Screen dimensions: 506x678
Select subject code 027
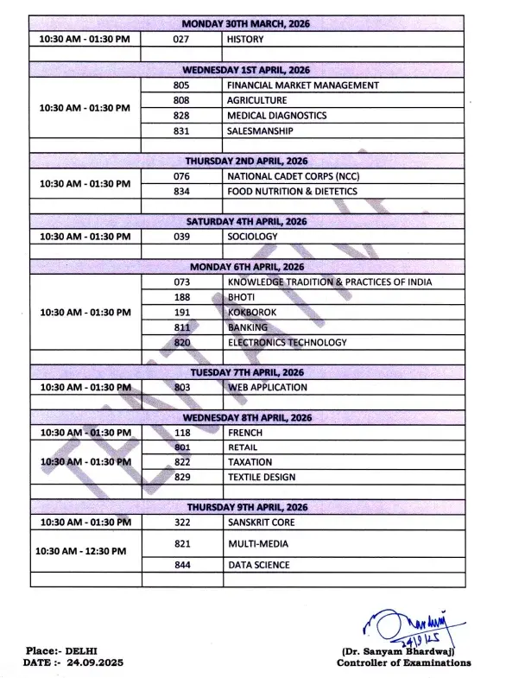tap(180, 40)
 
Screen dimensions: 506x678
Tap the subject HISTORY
tap(246, 40)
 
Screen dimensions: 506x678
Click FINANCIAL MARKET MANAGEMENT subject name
tap(302, 86)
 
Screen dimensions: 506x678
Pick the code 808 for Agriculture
tap(180, 100)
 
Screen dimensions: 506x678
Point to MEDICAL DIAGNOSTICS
tap(276, 115)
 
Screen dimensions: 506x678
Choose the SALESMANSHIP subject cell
tap(260, 130)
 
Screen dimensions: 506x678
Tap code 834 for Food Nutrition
tap(180, 191)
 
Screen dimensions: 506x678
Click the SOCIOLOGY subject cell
tap(252, 236)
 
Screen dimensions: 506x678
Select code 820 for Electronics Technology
tap(180, 342)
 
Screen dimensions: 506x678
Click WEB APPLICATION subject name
tap(267, 388)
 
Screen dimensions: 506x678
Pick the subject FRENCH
tap(244, 433)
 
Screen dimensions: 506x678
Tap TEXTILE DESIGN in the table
tap(261, 477)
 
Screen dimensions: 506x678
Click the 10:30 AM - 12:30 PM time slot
tap(81, 550)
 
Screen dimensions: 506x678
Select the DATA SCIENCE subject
tap(258, 565)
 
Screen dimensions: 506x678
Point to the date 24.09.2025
tap(92, 662)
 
